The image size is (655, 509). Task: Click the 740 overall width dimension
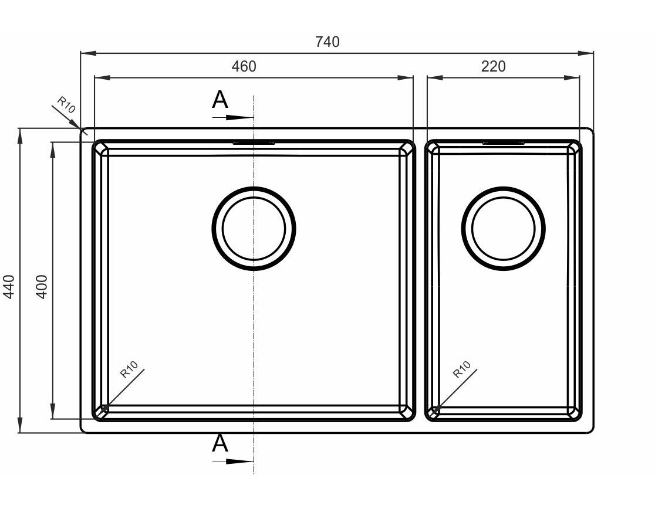(327, 42)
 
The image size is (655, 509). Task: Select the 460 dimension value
(244, 66)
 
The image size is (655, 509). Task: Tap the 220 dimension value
(494, 66)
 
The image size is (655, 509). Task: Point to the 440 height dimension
(9, 286)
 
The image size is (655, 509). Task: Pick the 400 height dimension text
(42, 286)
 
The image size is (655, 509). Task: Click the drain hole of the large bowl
(254, 228)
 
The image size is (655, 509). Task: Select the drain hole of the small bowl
(504, 228)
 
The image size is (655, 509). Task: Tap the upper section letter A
(220, 100)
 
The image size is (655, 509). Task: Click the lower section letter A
(220, 443)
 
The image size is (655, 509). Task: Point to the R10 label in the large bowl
(129, 369)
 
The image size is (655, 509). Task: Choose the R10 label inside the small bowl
(462, 369)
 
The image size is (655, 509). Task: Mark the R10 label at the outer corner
(66, 105)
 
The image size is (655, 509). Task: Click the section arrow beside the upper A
(232, 118)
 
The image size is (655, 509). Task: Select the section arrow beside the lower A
(232, 462)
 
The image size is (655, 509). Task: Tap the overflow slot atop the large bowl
(254, 143)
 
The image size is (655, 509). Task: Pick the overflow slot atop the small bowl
(504, 143)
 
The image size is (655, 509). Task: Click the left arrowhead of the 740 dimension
(88, 53)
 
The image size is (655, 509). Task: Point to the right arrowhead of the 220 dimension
(572, 77)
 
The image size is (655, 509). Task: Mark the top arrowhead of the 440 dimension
(19, 136)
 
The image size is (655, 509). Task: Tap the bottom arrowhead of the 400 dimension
(53, 411)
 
